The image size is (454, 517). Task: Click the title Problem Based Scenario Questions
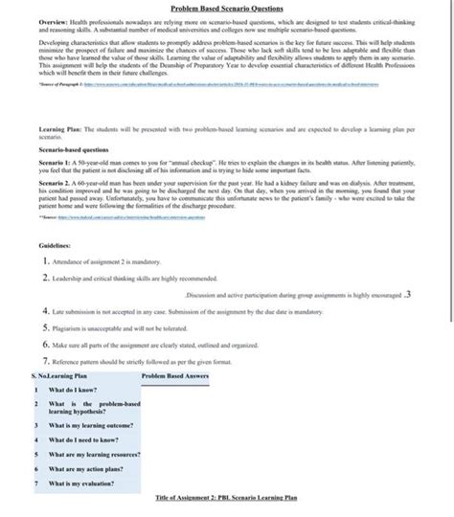227,7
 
